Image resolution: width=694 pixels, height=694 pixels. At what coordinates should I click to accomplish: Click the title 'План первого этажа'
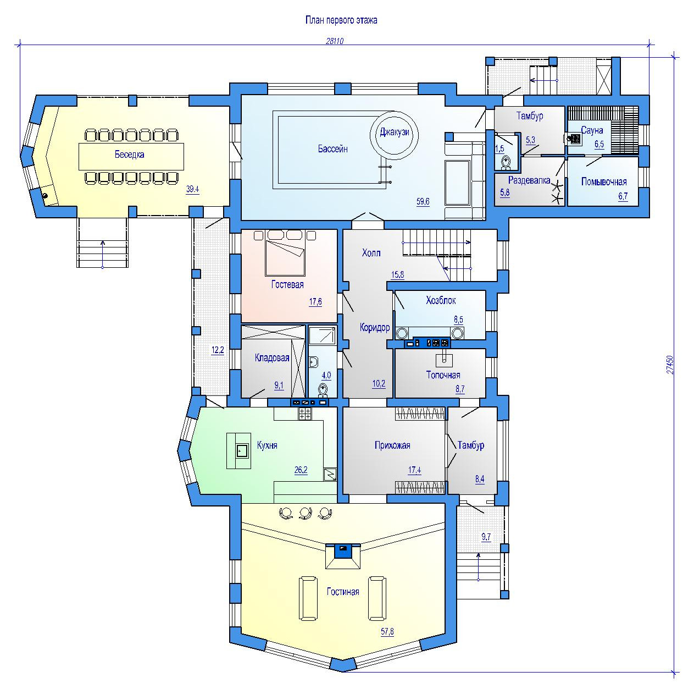(x=341, y=20)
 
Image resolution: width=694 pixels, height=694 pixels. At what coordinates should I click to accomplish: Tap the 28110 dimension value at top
(x=335, y=41)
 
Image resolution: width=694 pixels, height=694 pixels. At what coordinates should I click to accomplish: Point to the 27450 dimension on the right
(x=669, y=365)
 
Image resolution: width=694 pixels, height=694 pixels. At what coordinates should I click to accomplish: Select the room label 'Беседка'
(x=129, y=155)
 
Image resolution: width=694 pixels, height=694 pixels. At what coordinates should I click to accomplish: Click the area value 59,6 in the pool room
(x=423, y=201)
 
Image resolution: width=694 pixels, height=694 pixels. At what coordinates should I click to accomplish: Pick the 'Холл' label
(x=371, y=253)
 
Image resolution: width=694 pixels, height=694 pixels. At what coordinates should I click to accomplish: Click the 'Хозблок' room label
(x=441, y=300)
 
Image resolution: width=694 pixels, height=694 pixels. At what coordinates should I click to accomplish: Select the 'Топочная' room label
(x=443, y=375)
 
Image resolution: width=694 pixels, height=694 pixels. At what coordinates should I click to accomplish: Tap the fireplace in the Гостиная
(x=343, y=556)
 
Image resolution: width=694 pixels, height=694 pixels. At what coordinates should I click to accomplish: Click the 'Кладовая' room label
(x=272, y=358)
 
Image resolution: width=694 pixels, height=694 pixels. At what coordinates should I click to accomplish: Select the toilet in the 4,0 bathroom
(x=323, y=390)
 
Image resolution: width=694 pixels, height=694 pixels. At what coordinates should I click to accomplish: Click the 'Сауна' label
(x=592, y=130)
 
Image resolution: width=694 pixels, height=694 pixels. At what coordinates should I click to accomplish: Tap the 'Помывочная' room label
(x=604, y=181)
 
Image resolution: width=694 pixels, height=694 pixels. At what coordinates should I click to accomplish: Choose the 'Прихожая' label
(x=392, y=445)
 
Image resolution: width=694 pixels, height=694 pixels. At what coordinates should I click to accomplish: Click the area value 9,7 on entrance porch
(x=486, y=537)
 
